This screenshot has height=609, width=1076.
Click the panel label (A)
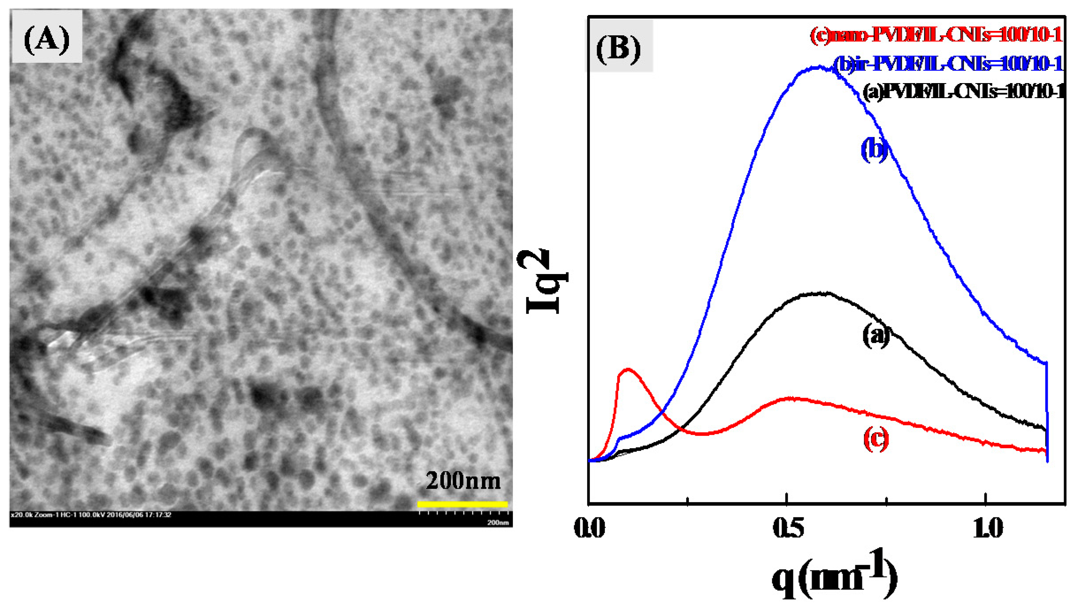(46, 39)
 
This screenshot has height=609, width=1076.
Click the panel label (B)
(618, 48)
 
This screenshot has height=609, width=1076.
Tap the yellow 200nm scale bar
(462, 504)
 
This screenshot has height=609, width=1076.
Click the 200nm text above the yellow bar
(463, 481)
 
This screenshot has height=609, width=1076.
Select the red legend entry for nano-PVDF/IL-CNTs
(936, 35)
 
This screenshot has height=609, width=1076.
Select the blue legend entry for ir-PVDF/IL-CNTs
(948, 64)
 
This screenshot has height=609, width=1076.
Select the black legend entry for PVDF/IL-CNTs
(963, 92)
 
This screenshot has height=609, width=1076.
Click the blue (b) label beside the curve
(874, 149)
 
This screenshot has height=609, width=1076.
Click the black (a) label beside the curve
(876, 336)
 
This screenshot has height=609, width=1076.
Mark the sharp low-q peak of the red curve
(627, 369)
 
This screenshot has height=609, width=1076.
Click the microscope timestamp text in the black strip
(91, 514)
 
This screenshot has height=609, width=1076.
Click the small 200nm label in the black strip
(498, 522)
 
